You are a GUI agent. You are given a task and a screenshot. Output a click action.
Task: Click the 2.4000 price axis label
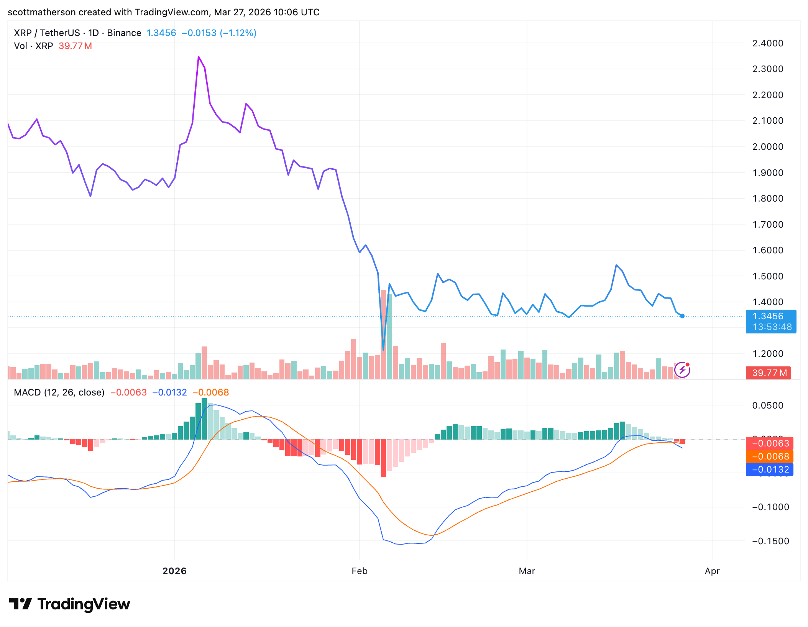point(767,43)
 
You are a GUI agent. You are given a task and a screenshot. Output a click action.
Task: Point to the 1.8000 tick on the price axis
point(767,199)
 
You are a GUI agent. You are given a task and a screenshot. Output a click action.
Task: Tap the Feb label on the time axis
point(359,571)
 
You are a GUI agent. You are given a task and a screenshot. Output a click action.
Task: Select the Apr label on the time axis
point(712,571)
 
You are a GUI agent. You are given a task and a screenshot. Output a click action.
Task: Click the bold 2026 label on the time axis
point(174,571)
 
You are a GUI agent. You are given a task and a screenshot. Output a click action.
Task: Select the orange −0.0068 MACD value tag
point(769,456)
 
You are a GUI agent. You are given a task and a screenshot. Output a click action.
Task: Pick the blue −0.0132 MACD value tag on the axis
point(769,469)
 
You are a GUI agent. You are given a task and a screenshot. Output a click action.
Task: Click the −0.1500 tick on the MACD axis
point(770,541)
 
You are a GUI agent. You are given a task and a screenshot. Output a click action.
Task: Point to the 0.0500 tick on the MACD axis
point(767,405)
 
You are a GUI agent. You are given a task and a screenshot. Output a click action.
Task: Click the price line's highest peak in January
point(199,57)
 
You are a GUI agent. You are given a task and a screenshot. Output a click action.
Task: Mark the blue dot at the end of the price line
point(682,316)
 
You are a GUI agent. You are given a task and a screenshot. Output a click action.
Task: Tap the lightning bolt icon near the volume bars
point(682,370)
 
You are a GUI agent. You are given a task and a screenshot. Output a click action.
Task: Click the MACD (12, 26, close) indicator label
point(59,392)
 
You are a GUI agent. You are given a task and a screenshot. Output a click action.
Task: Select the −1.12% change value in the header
point(238,33)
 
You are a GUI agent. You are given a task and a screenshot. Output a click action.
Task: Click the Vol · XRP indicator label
point(33,46)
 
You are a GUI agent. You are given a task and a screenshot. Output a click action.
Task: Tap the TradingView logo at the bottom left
point(69,604)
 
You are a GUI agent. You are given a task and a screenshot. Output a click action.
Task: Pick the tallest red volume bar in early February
point(383,333)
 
